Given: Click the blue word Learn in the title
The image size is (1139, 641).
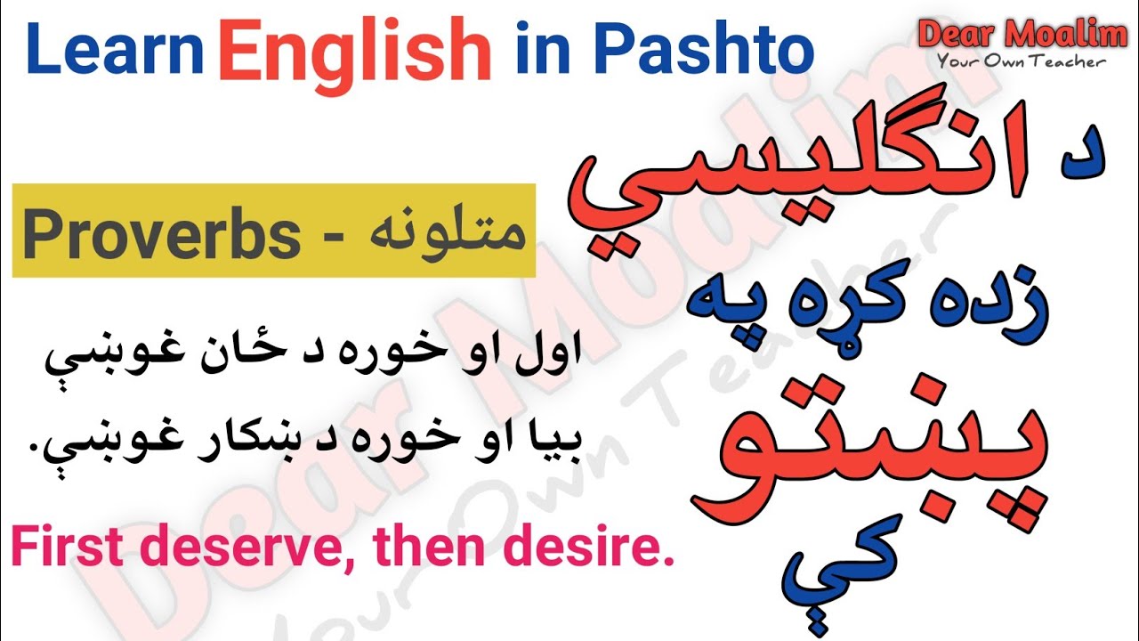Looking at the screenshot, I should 120,52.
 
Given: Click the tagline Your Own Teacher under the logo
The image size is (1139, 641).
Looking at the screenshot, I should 1020,62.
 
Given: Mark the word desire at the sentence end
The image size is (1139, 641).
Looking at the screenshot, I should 596,548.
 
